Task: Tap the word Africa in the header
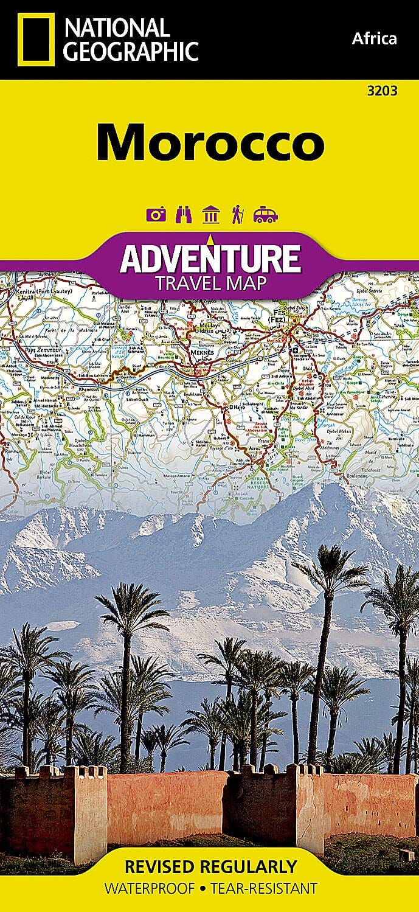point(374,40)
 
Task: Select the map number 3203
point(383,91)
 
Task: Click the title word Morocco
point(210,142)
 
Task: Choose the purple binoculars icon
point(183,215)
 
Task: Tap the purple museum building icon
point(211,215)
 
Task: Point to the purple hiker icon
point(237,215)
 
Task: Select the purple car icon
point(266,215)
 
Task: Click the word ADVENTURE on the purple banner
point(210,258)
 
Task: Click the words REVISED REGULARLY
point(210,866)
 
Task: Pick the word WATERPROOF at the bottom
point(149,888)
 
